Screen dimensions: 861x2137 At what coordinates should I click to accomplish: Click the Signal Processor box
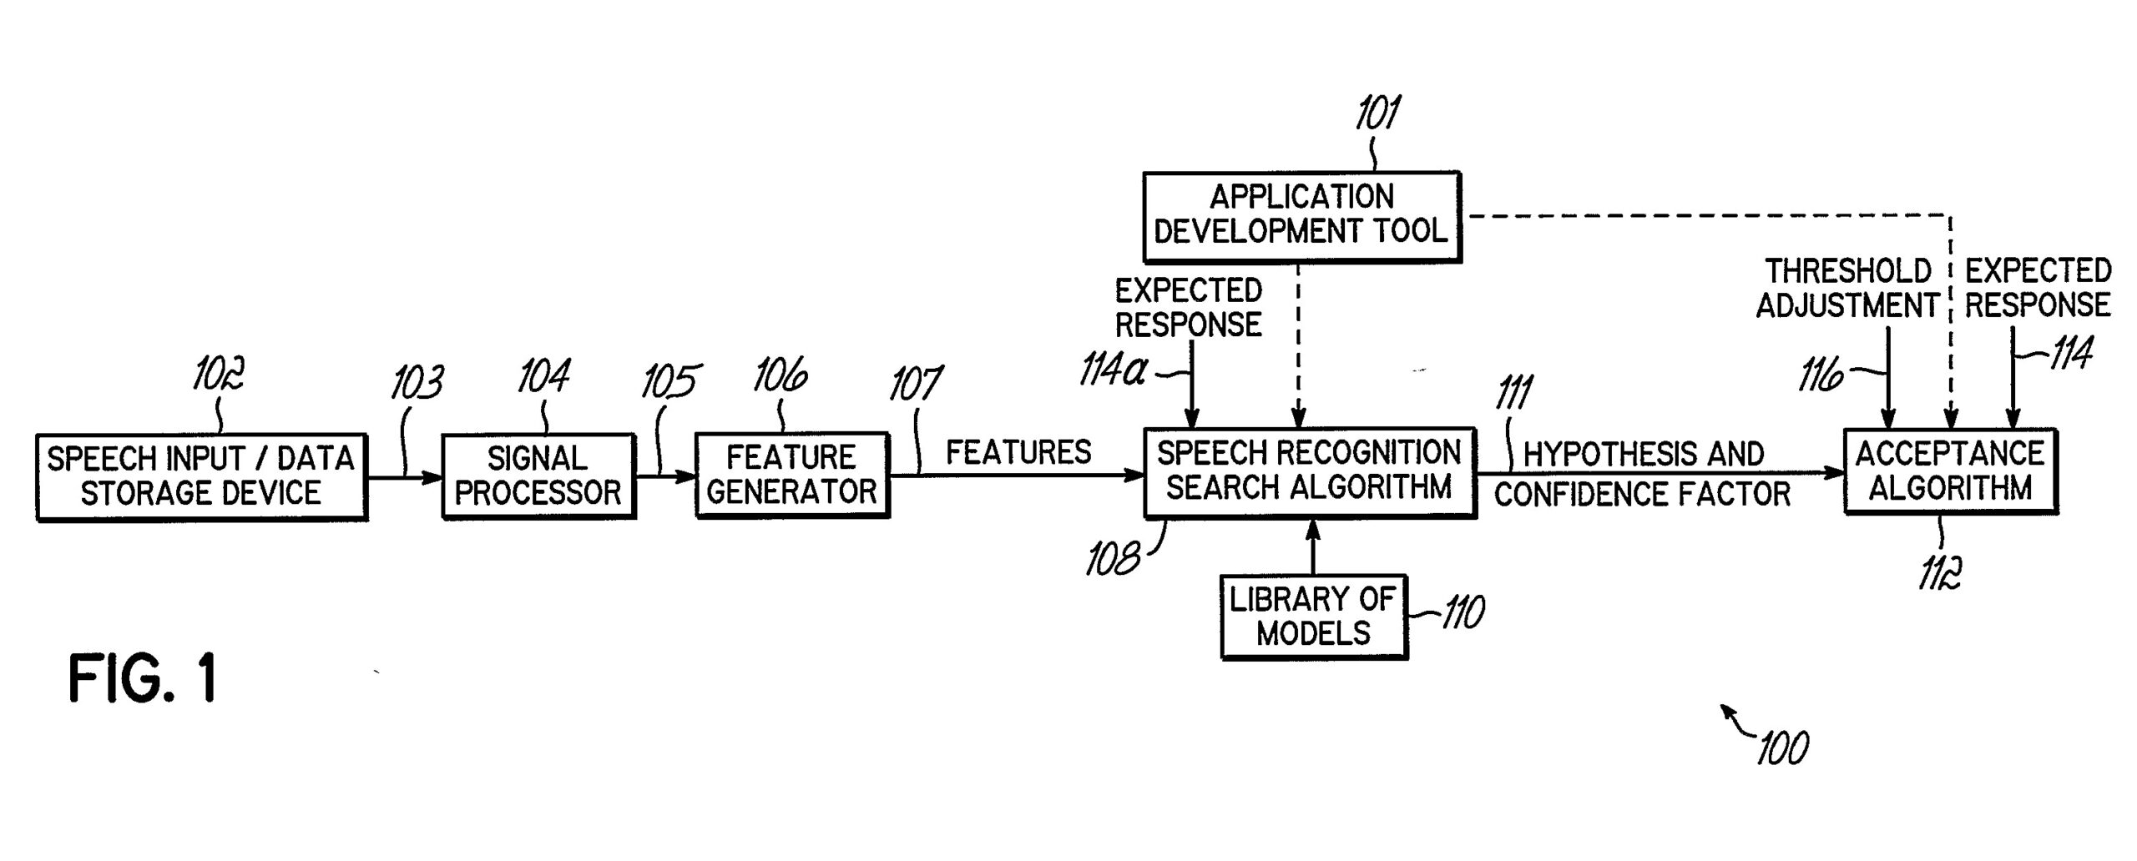pyautogui.click(x=538, y=476)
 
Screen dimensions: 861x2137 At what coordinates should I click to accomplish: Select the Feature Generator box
pyautogui.click(x=791, y=475)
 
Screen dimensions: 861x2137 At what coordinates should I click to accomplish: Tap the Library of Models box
pyautogui.click(x=1313, y=617)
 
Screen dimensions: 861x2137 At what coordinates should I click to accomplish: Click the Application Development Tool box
pyautogui.click(x=1301, y=216)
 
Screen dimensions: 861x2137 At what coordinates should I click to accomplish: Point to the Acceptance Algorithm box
pyautogui.click(x=1950, y=471)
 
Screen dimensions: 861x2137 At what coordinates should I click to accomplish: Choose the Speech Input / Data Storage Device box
pyautogui.click(x=201, y=476)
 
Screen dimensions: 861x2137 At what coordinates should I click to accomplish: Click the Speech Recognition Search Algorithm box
pyautogui.click(x=1309, y=472)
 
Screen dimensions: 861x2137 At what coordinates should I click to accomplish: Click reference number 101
pyautogui.click(x=1377, y=113)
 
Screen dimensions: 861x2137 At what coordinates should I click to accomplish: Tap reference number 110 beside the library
pyautogui.click(x=1463, y=612)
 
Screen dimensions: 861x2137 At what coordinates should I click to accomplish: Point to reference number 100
pyautogui.click(x=1782, y=748)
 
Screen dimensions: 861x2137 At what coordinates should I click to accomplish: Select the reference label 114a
pyautogui.click(x=1114, y=370)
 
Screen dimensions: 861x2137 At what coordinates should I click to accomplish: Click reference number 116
pyautogui.click(x=1821, y=376)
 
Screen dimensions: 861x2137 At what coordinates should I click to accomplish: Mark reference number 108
pyautogui.click(x=1113, y=559)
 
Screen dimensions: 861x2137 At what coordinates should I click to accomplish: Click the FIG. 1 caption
pyautogui.click(x=143, y=678)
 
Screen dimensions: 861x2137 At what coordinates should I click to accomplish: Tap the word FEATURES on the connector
pyautogui.click(x=1018, y=453)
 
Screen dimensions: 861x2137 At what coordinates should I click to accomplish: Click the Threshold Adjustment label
pyautogui.click(x=1847, y=289)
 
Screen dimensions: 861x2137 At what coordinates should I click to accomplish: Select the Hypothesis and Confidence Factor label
pyautogui.click(x=1643, y=474)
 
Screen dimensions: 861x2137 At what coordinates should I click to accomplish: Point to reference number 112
pyautogui.click(x=1939, y=573)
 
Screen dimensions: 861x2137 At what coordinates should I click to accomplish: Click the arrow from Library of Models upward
pyautogui.click(x=1313, y=546)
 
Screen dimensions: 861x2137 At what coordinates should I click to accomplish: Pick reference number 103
pyautogui.click(x=417, y=383)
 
